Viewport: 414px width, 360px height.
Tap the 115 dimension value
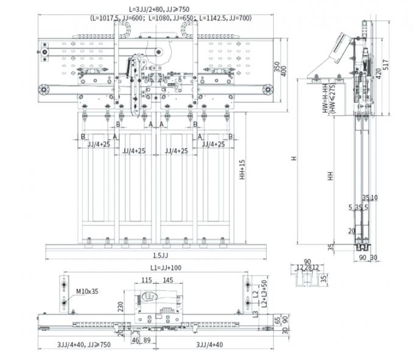coord(146,280)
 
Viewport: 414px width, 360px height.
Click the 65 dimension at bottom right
coord(277,319)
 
